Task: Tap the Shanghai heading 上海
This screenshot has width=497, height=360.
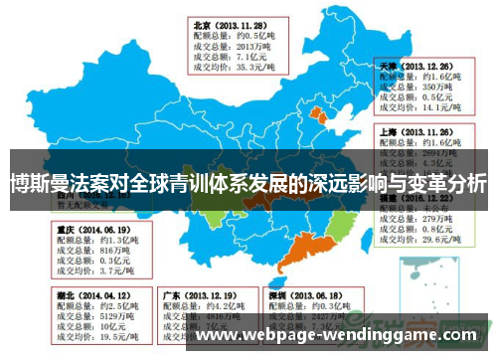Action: pyautogui.click(x=389, y=130)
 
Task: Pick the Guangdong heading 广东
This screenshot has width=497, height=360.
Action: pyautogui.click(x=171, y=295)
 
